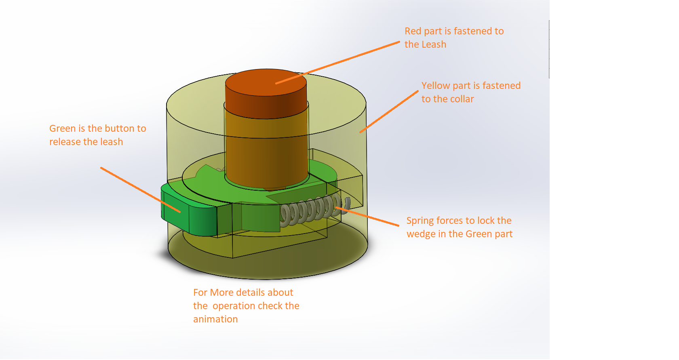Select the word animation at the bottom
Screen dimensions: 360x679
coord(215,319)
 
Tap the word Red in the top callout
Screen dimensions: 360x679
coord(413,31)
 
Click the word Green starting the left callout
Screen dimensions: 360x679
coord(62,128)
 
